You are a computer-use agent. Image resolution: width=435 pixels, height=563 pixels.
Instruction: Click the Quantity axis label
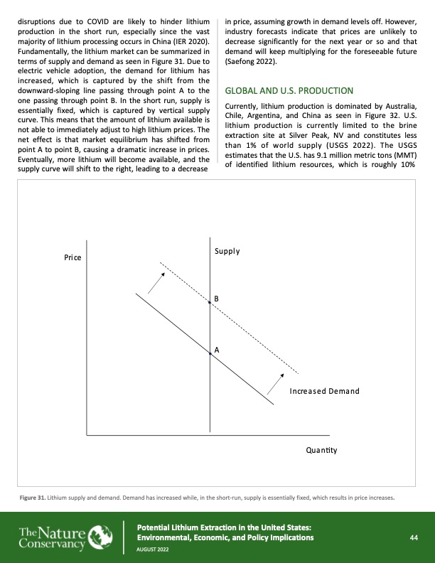(321, 450)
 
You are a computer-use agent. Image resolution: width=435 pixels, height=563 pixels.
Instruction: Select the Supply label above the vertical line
(226, 252)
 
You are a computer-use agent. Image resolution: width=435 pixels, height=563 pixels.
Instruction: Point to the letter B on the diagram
(216, 300)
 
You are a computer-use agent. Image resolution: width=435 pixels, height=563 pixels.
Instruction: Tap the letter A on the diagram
(216, 350)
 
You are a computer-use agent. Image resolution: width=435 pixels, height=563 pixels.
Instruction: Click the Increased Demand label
(324, 392)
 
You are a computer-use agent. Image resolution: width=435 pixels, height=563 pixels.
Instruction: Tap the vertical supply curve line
(210, 398)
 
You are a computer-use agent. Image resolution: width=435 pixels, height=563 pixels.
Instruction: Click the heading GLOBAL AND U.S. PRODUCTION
(289, 91)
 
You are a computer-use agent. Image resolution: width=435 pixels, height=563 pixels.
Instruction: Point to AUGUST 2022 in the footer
(154, 549)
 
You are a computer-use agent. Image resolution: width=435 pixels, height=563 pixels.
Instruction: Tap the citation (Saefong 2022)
(252, 63)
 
